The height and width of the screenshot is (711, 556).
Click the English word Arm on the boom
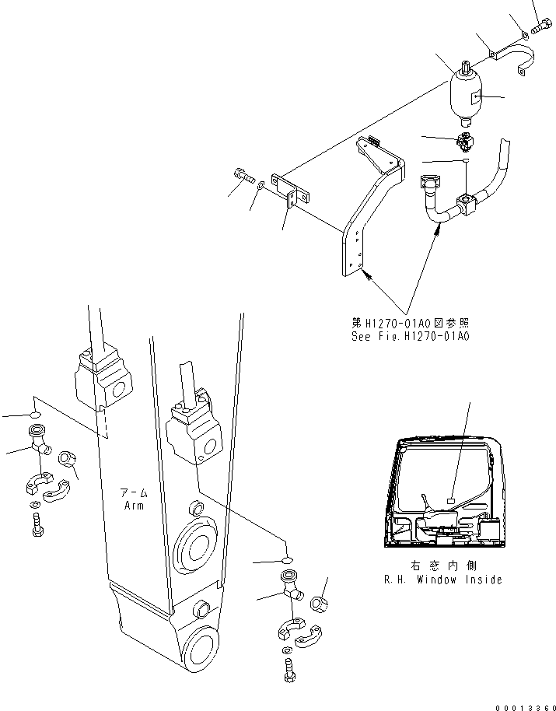click(135, 506)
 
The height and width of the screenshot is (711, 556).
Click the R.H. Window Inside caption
click(442, 579)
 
